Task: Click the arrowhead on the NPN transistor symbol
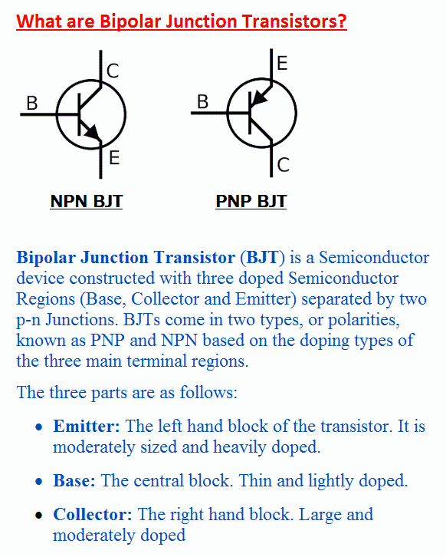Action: pos(93,132)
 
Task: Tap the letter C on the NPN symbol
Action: pos(113,71)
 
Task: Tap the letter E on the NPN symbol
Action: pos(114,158)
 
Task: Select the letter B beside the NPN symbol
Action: pos(32,104)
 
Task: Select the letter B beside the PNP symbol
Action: pos(202,102)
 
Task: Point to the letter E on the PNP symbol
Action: pos(282,63)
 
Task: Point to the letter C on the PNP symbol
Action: pos(283,165)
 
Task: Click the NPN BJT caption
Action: pos(87,202)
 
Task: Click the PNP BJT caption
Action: pos(251,202)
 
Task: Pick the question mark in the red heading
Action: pos(342,21)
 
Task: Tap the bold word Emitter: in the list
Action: pos(87,426)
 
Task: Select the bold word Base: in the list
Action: pos(74,480)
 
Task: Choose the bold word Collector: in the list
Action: pos(93,514)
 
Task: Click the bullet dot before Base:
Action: pos(39,482)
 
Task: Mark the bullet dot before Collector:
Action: pos(39,516)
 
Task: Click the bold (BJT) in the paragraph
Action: pos(263,258)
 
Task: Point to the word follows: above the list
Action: pos(208,393)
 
